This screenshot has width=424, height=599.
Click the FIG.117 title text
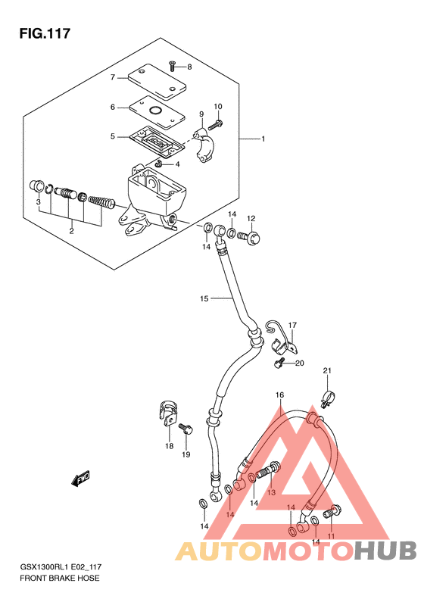tap(45, 33)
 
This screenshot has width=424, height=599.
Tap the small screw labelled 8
tap(172, 66)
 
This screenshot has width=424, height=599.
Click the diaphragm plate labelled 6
tap(157, 113)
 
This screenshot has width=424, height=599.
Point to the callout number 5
tap(112, 136)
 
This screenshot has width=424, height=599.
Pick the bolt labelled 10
tap(216, 124)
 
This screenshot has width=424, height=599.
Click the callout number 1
tap(263, 139)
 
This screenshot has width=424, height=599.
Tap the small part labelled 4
tap(160, 164)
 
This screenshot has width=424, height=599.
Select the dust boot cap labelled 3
tap(36, 186)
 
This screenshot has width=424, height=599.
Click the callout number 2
tap(71, 231)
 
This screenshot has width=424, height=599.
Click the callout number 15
tap(204, 298)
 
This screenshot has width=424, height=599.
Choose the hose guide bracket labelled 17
tap(282, 336)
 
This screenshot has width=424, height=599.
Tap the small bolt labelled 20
tap(279, 363)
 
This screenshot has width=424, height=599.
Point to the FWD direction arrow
tap(80, 479)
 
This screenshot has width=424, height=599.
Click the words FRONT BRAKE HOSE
tap(60, 578)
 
